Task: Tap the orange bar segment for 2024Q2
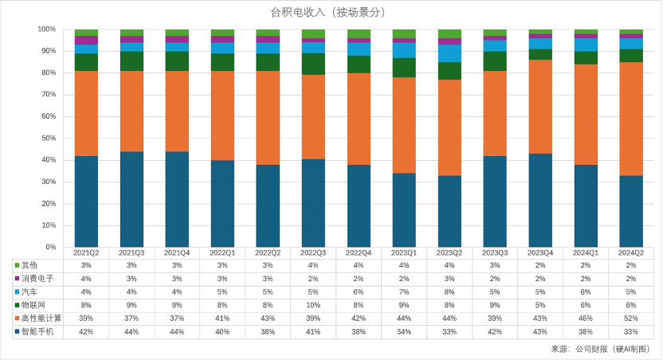[x=631, y=119]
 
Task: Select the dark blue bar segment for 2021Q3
[x=131, y=199]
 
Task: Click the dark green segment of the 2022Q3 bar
[x=313, y=64]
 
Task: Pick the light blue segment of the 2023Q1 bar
[x=404, y=50]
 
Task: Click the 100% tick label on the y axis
[x=45, y=29]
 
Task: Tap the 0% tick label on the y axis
[x=49, y=248]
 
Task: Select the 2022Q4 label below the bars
[x=359, y=252]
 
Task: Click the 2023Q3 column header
[x=495, y=252]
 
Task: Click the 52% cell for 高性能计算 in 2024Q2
[x=631, y=318]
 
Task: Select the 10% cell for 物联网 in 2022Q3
[x=313, y=304]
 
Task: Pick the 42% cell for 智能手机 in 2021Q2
[x=86, y=331]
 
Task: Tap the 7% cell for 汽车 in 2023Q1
[x=404, y=292]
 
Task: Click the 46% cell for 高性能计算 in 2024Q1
[x=586, y=318]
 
